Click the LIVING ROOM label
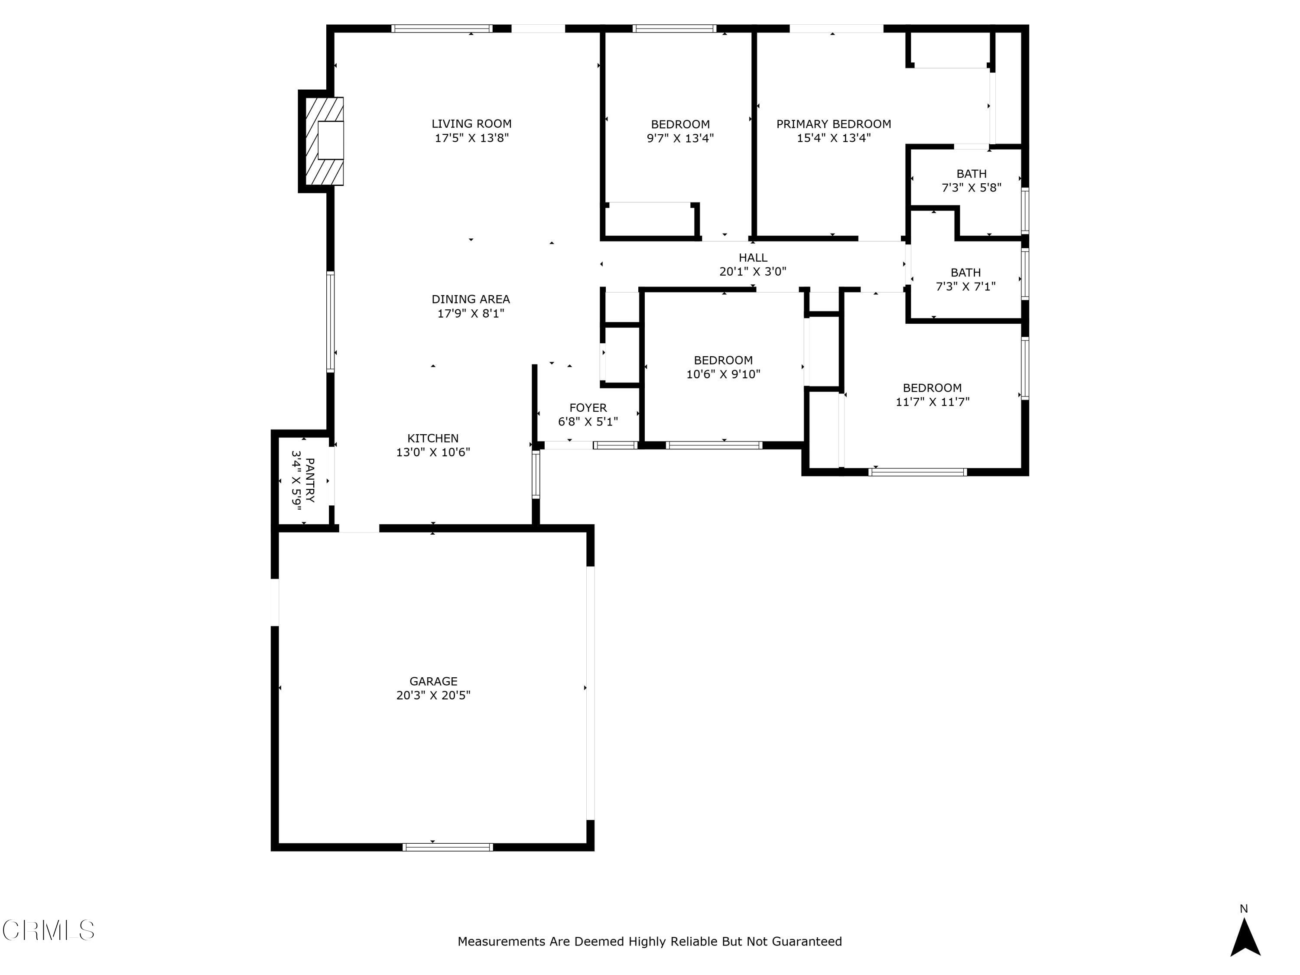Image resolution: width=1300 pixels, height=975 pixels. pyautogui.click(x=471, y=124)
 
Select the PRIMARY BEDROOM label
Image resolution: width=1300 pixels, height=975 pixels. pyautogui.click(x=833, y=124)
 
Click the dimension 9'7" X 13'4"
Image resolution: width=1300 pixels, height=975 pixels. pyautogui.click(x=680, y=139)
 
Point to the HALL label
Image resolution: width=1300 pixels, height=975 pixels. pyautogui.click(x=753, y=257)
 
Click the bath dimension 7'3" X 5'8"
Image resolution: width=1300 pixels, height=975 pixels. pyautogui.click(x=971, y=188)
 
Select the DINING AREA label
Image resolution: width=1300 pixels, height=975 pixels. pyautogui.click(x=471, y=299)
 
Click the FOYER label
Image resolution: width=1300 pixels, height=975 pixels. pyautogui.click(x=588, y=408)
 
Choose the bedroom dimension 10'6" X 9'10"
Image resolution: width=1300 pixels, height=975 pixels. pyautogui.click(x=723, y=374)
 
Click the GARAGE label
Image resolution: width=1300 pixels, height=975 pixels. pyautogui.click(x=433, y=681)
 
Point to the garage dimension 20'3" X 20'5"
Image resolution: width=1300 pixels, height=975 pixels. pyautogui.click(x=433, y=695)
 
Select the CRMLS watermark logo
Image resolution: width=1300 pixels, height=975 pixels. pyautogui.click(x=48, y=930)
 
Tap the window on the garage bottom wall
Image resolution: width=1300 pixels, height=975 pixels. pyautogui.click(x=447, y=847)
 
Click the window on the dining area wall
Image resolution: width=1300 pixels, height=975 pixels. pyautogui.click(x=330, y=322)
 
